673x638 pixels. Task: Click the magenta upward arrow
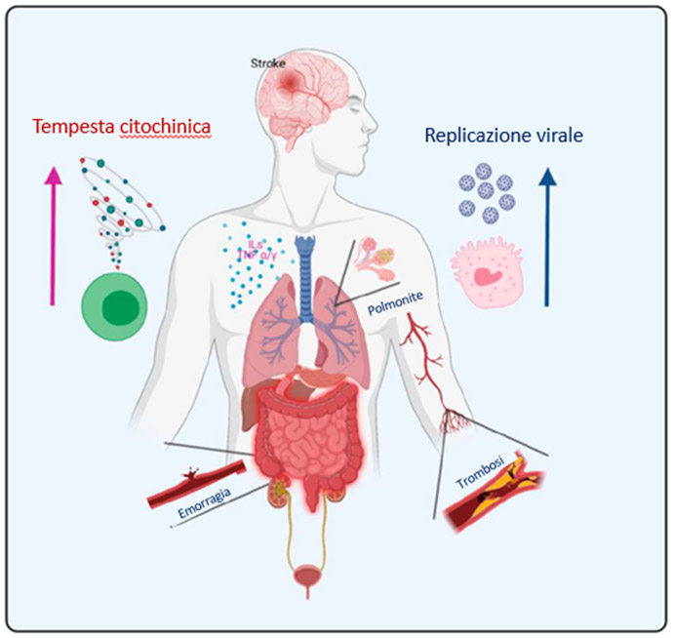52,235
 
